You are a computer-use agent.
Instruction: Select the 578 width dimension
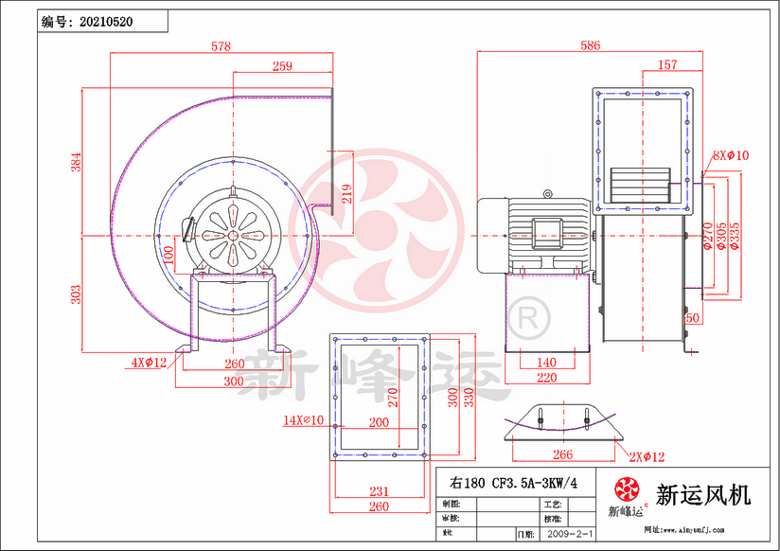220,46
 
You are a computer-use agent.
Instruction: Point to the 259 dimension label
281,65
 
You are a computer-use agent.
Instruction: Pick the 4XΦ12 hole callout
149,362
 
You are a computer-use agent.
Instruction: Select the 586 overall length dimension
589,44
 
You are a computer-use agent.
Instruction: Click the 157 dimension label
666,65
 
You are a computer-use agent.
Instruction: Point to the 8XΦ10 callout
730,155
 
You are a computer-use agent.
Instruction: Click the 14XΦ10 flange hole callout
303,418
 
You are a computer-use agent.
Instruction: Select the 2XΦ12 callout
648,457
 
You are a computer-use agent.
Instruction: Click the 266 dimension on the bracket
562,454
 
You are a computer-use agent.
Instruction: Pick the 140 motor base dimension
546,363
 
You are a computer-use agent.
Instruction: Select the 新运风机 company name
703,493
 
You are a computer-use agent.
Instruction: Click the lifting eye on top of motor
546,193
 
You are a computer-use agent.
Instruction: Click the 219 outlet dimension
347,193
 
